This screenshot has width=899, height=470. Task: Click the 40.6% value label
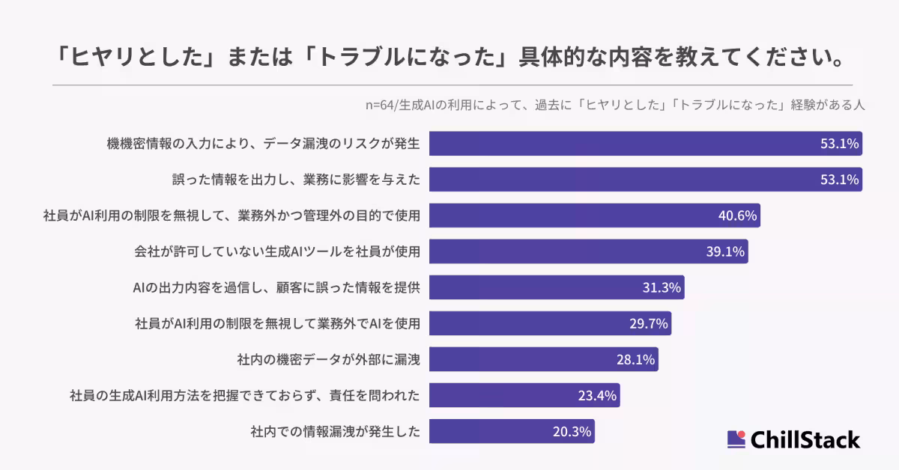click(x=738, y=216)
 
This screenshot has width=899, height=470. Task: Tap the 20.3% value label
click(x=572, y=431)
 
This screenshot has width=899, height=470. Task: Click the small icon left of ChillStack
click(x=736, y=439)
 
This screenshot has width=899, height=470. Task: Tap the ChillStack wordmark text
click(x=805, y=439)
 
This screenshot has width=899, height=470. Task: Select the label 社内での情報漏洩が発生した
click(x=335, y=431)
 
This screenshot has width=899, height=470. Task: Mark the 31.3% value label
click(x=662, y=287)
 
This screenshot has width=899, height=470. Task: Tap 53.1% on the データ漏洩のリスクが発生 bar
click(x=839, y=144)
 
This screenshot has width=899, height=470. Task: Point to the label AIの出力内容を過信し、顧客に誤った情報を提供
click(x=276, y=287)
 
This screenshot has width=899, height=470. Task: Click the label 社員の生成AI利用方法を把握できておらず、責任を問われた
click(x=244, y=395)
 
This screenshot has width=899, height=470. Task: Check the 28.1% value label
click(x=636, y=359)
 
